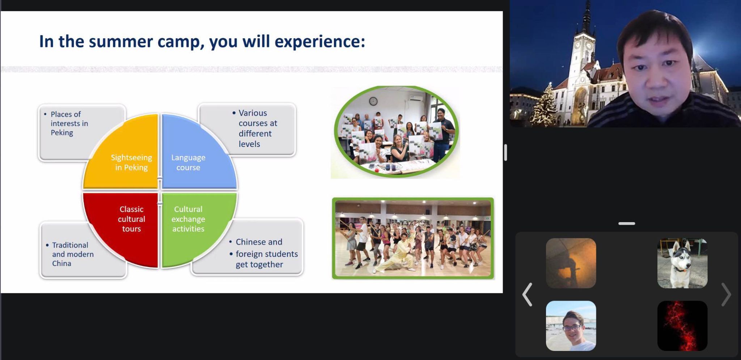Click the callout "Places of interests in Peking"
pos(69,123)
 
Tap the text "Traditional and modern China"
pos(72,254)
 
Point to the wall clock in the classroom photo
pos(373,101)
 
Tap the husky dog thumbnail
pos(682,263)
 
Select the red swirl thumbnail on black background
pos(682,326)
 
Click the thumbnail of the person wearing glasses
pos(571,326)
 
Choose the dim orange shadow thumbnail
pos(571,263)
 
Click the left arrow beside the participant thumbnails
pos(527,295)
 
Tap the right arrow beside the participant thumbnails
pos(726,295)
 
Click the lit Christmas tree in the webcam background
pos(545,105)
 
